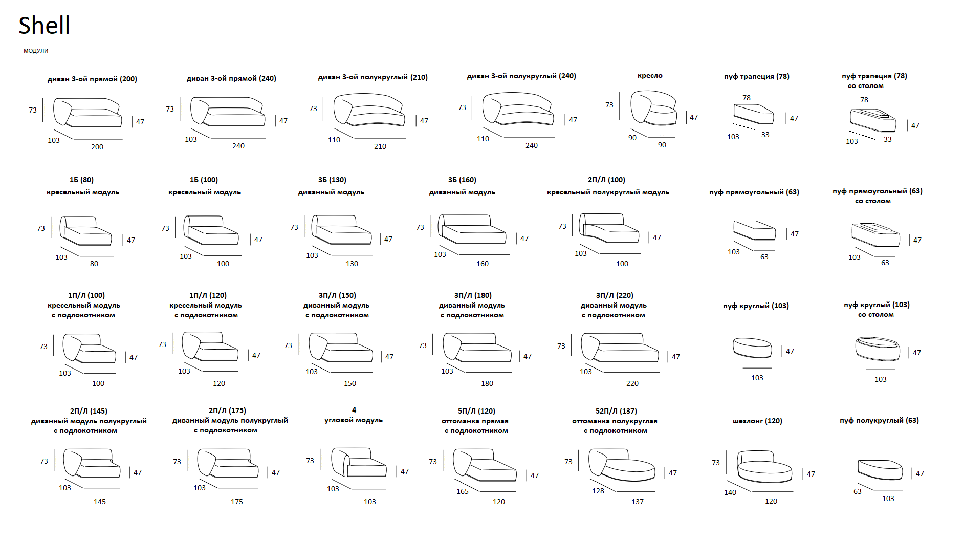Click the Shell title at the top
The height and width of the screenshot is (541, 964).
(x=44, y=25)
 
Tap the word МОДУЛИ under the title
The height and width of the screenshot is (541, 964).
(x=36, y=51)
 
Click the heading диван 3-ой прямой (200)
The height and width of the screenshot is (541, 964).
(x=92, y=79)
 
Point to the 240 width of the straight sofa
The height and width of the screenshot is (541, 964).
(x=238, y=146)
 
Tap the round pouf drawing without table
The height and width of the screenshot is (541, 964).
(x=752, y=348)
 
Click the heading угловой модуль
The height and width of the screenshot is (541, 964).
(x=354, y=420)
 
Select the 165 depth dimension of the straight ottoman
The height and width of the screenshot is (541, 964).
(x=463, y=491)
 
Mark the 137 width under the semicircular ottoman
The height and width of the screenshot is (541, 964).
(x=638, y=502)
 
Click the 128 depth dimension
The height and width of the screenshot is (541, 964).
(x=598, y=491)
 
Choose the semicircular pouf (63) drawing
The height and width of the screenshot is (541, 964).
(x=880, y=469)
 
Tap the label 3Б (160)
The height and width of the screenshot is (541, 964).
(x=462, y=180)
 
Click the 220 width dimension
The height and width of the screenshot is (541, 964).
(x=632, y=383)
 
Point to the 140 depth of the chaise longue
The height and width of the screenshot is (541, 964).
(x=730, y=492)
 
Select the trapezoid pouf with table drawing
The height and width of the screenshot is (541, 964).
(x=873, y=120)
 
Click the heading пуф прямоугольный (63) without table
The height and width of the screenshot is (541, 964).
(x=754, y=192)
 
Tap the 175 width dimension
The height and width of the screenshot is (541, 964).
(x=237, y=502)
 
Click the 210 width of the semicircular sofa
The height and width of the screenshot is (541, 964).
(x=380, y=146)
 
